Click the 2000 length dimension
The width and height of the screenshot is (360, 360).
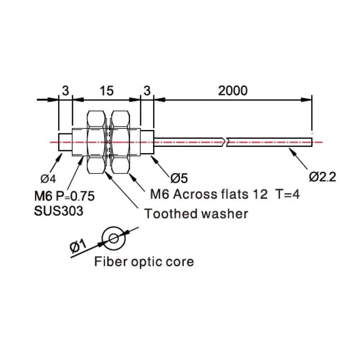click(x=233, y=91)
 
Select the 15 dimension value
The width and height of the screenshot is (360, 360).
click(x=107, y=91)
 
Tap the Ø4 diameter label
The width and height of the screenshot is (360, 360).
click(x=48, y=179)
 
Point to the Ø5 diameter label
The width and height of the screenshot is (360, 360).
click(x=179, y=178)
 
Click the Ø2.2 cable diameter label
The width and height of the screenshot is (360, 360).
click(x=322, y=177)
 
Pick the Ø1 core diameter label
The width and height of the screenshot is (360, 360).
click(x=78, y=246)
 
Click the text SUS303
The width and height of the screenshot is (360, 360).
click(x=59, y=211)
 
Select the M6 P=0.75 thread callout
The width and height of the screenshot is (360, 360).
click(x=64, y=196)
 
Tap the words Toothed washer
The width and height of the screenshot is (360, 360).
click(x=196, y=214)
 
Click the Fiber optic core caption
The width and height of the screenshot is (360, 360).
click(x=144, y=262)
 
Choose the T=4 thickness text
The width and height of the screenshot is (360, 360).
click(x=288, y=194)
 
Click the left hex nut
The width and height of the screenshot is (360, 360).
click(x=96, y=142)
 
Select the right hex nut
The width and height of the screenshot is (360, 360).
click(x=120, y=142)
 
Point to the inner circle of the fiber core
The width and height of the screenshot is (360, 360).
click(x=114, y=238)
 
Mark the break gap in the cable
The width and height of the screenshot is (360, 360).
click(x=225, y=142)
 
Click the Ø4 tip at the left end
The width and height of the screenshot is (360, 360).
click(x=65, y=142)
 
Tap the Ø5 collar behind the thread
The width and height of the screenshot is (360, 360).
click(x=147, y=142)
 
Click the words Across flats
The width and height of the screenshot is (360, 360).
click(x=211, y=194)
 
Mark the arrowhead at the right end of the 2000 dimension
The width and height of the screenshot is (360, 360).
click(x=306, y=100)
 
